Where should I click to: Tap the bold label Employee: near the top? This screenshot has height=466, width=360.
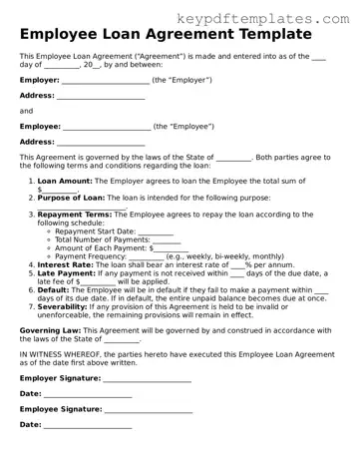(40, 127)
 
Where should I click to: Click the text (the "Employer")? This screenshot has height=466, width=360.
(183, 79)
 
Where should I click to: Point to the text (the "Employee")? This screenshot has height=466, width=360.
(185, 127)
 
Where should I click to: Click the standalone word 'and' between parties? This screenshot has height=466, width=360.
(26, 110)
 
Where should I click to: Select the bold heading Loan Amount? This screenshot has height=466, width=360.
(65, 181)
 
